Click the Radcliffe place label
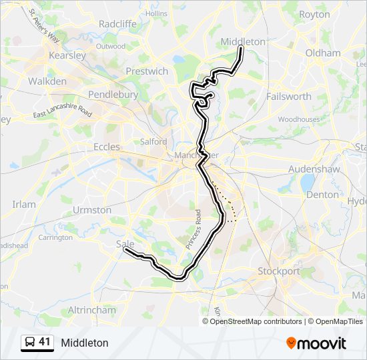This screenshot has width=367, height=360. click(117, 23)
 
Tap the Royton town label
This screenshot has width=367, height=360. click(314, 14)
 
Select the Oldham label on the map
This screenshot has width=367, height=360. click(322, 53)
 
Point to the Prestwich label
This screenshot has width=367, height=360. click(147, 71)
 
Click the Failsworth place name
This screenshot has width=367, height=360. click(288, 96)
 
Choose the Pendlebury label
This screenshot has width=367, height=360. click(113, 95)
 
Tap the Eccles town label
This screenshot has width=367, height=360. click(107, 147)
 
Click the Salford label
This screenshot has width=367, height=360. click(153, 141)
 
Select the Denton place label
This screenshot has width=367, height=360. click(322, 195)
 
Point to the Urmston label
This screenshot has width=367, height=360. click(92, 210)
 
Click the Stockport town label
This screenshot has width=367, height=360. click(279, 271)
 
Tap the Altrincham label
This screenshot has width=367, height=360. click(92, 310)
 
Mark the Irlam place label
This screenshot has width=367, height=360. click(24, 204)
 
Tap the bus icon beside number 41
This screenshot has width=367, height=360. click(30, 343)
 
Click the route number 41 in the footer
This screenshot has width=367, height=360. click(45, 342)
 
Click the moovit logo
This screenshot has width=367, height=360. click(316, 343)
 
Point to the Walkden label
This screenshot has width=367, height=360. click(47, 81)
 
